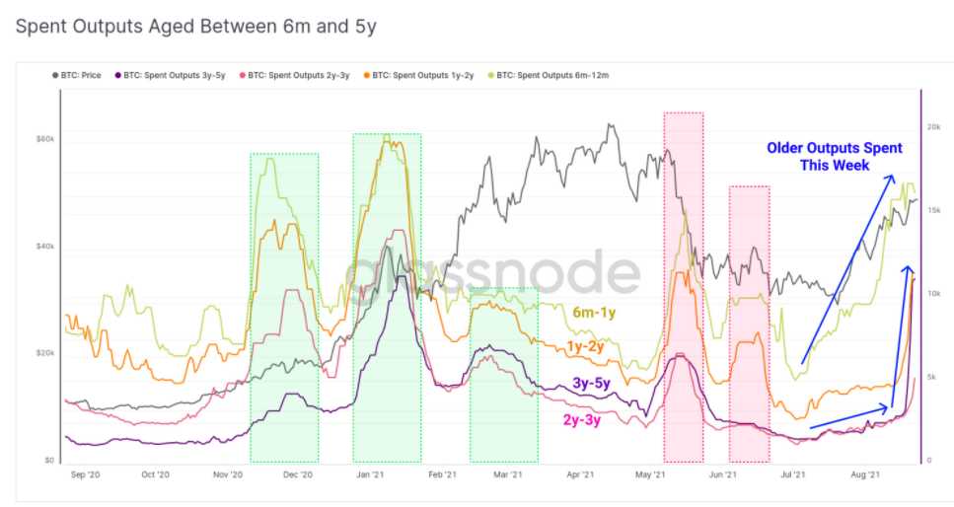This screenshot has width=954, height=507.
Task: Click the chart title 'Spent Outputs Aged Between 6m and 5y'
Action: pyautogui.click(x=195, y=27)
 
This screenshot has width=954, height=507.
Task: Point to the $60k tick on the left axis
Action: pyautogui.click(x=45, y=139)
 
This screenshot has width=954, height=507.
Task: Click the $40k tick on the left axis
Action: pyautogui.click(x=45, y=247)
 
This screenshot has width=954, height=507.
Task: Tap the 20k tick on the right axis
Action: pyautogui.click(x=932, y=127)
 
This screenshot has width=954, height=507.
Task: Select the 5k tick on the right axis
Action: pyautogui.click(x=932, y=377)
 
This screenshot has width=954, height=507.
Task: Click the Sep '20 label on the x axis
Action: pyautogui.click(x=87, y=475)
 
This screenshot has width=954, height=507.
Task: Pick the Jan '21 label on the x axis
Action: pyautogui.click(x=371, y=475)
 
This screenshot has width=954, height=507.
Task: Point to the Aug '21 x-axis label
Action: pyautogui.click(x=865, y=475)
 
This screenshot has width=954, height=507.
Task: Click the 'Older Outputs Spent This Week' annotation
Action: pyautogui.click(x=835, y=157)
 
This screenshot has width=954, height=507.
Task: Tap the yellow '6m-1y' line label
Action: pyautogui.click(x=594, y=313)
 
